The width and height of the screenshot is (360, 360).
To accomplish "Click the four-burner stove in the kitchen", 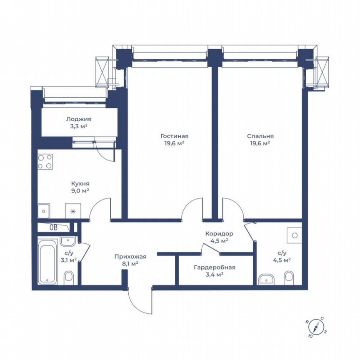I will point(45,162).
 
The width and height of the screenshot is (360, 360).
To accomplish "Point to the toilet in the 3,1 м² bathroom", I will point(69,276).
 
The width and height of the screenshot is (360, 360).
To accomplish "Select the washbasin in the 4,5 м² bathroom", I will point(265,279).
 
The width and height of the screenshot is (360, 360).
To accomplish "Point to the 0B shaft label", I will point(53,227).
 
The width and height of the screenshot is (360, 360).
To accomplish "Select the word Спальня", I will point(260,136).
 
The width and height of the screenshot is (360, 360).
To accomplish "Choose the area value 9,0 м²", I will point(80,190).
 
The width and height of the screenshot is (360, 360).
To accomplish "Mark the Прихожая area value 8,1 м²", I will point(130,263).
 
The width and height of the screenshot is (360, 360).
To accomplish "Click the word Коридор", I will point(219,234).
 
